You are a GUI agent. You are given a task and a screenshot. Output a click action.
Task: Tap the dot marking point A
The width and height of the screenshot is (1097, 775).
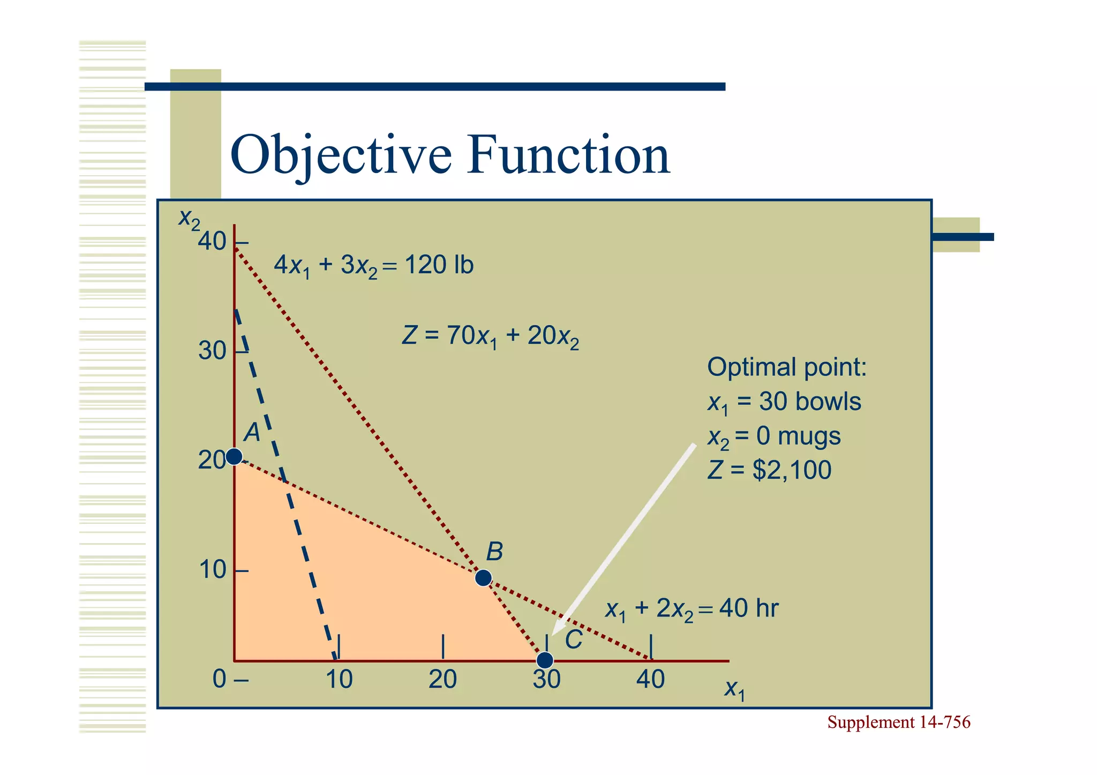[234, 456]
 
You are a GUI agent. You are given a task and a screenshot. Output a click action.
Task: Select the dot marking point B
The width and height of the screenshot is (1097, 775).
[483, 578]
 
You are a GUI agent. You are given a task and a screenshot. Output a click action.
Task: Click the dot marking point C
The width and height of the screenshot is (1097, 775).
[545, 660]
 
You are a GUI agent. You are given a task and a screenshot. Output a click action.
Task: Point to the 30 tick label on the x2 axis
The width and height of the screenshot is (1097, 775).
[212, 351]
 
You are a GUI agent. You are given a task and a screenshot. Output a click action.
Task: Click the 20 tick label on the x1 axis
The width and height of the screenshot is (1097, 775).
[442, 680]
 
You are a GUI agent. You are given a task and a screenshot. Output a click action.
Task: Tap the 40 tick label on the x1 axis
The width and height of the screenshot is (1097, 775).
[650, 680]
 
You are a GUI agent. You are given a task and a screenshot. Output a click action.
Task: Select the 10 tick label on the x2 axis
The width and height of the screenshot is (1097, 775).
[212, 570]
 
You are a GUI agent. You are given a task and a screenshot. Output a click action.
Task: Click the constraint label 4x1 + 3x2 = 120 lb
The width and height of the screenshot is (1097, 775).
[373, 266]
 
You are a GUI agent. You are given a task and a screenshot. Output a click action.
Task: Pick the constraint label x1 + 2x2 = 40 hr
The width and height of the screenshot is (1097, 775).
[691, 610]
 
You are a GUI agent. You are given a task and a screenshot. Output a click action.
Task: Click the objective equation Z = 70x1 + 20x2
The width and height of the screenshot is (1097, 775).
[490, 337]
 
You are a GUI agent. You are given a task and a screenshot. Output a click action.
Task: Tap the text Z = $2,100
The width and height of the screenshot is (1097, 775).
[769, 470]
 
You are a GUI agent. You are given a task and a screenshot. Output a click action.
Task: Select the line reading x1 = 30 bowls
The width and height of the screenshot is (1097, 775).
[784, 402]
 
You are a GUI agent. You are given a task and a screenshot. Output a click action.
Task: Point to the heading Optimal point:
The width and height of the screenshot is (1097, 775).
[786, 367]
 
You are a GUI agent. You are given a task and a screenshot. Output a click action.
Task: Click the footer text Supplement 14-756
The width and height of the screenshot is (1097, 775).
[898, 723]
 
